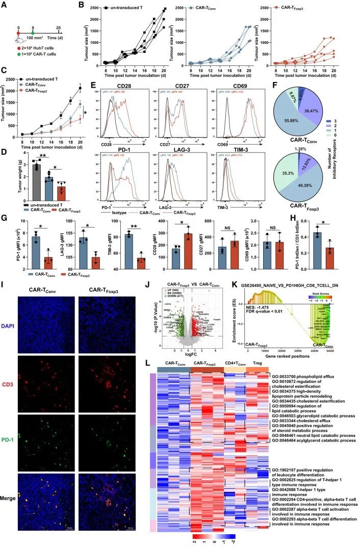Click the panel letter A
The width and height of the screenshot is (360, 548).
tap(5, 6)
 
